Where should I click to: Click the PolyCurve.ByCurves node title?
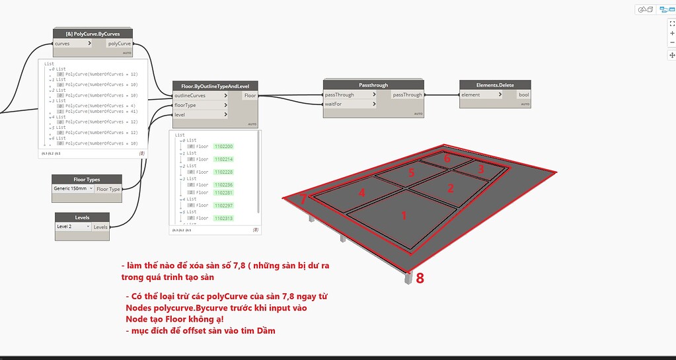[x=93, y=34]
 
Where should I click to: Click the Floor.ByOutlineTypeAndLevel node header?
[x=215, y=86]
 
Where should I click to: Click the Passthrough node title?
[x=373, y=85]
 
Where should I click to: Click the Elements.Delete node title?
[x=495, y=85]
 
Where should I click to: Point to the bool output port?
[x=523, y=95]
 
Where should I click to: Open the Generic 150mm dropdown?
[x=73, y=188]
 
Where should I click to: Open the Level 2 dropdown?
[x=73, y=227]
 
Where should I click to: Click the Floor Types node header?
[x=87, y=179]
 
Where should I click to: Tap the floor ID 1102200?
[x=225, y=146]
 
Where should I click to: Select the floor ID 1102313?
[x=225, y=218]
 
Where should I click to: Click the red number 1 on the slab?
[x=404, y=215]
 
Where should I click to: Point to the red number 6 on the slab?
[x=447, y=159]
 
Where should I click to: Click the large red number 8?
[x=420, y=278]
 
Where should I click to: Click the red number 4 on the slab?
[x=361, y=193]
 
